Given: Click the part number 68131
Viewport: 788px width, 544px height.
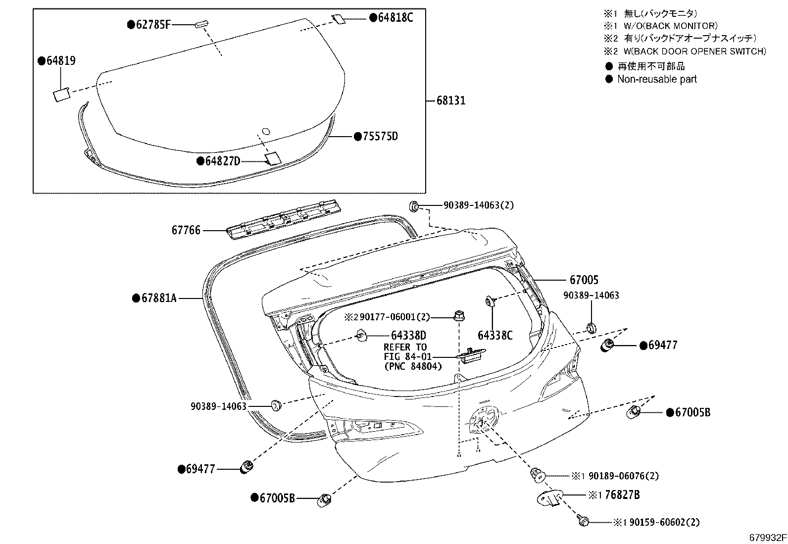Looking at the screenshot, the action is (x=451, y=100).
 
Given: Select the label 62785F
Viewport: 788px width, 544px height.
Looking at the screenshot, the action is (x=153, y=25).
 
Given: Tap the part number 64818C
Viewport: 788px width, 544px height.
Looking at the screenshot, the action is (x=396, y=17).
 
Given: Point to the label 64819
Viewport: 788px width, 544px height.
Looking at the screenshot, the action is (x=61, y=60).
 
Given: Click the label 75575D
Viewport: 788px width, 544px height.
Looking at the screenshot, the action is (x=380, y=136).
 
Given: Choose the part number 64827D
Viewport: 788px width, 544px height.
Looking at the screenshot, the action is (x=223, y=161).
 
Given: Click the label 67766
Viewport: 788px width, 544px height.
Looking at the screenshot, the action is (x=186, y=230).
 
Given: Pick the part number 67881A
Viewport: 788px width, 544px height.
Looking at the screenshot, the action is (x=159, y=298).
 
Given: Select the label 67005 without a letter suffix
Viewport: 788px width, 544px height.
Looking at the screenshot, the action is (x=584, y=280).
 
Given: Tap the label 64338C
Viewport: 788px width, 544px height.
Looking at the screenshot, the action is (x=495, y=335).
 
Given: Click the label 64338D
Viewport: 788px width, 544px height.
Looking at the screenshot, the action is (x=408, y=335).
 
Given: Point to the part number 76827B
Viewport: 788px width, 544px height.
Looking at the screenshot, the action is (x=622, y=495).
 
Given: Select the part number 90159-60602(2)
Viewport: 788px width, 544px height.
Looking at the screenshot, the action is (x=665, y=522).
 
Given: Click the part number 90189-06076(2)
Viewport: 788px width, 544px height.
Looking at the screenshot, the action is (x=624, y=476).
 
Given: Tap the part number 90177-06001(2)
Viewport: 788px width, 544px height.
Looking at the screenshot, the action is (x=395, y=317).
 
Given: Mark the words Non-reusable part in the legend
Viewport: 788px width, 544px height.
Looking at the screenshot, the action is (x=657, y=79).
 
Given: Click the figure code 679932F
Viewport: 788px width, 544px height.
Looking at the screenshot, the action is (x=768, y=538).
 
